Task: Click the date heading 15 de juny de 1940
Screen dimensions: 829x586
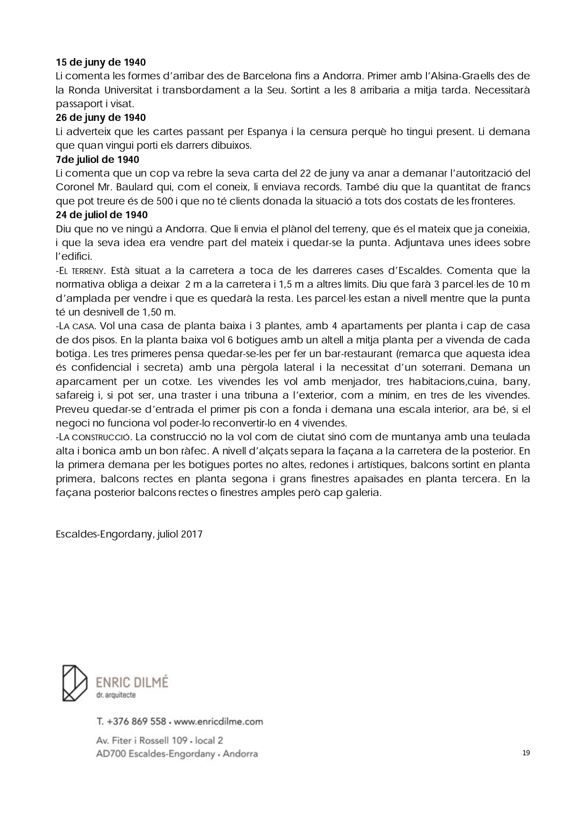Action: point(101,62)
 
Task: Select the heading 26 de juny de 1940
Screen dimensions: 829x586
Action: point(101,118)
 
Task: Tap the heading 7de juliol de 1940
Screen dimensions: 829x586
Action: point(97,160)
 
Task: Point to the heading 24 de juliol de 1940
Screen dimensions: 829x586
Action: point(102,215)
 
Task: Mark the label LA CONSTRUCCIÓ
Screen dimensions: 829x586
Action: point(94,437)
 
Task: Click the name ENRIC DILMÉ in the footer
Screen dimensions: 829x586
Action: point(132,682)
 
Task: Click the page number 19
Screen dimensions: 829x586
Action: point(527,753)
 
